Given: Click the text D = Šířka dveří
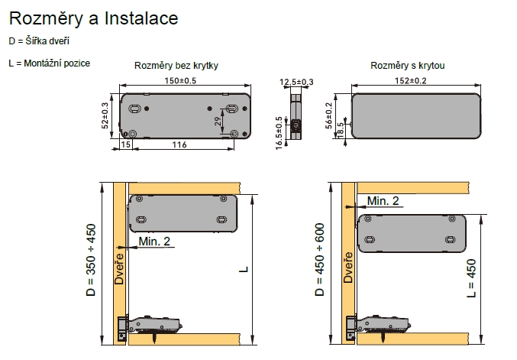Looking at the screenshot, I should tap(39, 41).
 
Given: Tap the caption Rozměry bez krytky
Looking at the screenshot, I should tap(176, 66).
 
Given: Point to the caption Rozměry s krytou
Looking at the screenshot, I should tap(408, 66).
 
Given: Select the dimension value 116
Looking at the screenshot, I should tap(178, 144).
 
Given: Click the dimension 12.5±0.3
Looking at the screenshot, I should tap(297, 82).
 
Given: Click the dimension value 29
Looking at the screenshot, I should tap(218, 122).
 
